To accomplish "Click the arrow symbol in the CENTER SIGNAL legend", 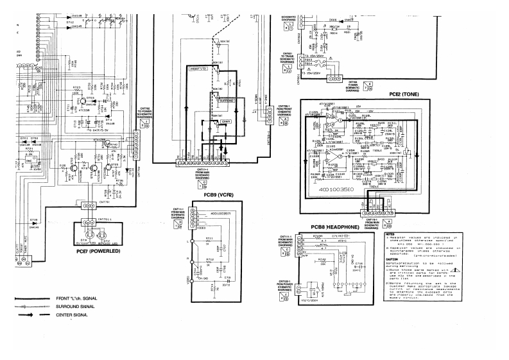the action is click(x=28, y=315).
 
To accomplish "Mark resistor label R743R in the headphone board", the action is click(x=318, y=237).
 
